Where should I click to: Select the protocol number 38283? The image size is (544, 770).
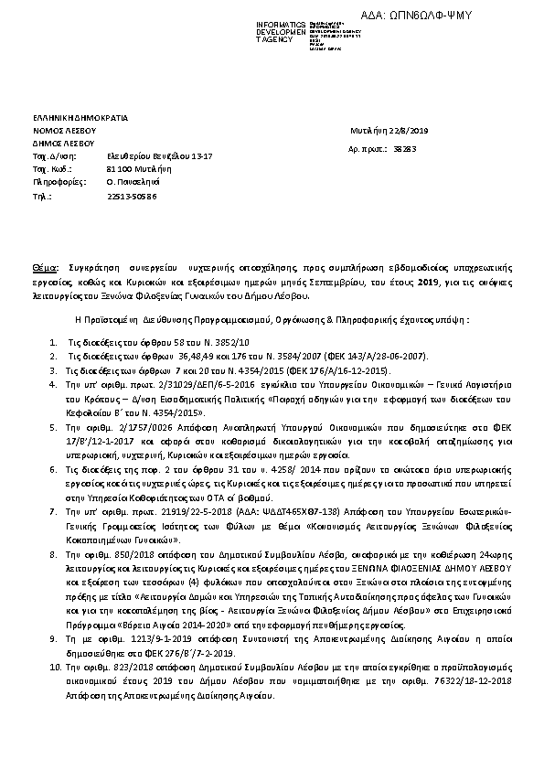click(x=404, y=147)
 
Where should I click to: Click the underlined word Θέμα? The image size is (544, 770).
click(x=44, y=267)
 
